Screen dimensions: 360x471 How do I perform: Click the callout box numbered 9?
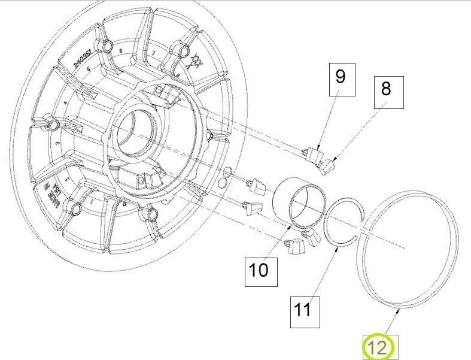pos(341,78)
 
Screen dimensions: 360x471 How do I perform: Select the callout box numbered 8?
pos(385,90)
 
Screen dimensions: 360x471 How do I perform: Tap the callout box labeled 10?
pos(259,270)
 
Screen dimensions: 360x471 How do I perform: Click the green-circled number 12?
pos(378,347)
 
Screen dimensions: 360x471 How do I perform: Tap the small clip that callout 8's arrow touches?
pos(328,166)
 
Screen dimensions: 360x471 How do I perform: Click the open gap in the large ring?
pos(366,230)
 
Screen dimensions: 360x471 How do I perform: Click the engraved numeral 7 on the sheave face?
pos(154,55)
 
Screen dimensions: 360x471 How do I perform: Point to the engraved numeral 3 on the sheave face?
pos(57,144)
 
